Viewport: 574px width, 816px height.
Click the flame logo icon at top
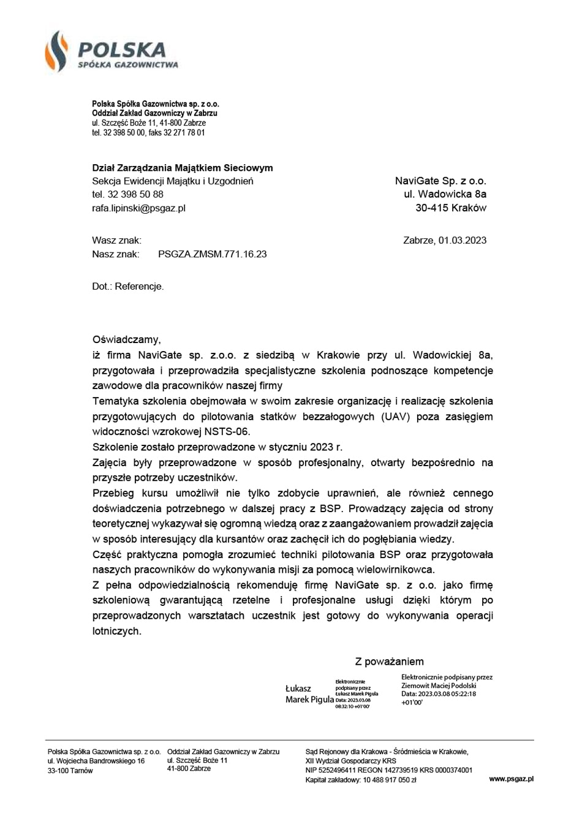point(56,51)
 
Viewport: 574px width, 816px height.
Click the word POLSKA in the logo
point(122,50)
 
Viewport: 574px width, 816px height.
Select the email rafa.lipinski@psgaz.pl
point(138,208)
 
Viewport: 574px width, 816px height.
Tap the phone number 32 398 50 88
point(135,194)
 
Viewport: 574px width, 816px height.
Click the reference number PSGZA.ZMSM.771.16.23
point(212,254)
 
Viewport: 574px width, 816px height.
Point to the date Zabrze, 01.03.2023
point(445,240)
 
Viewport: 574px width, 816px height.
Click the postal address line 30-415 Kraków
point(450,208)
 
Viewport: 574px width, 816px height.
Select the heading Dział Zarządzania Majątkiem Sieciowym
point(182,168)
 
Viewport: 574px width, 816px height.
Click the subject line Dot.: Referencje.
point(127,286)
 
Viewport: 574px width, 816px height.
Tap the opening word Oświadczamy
point(126,339)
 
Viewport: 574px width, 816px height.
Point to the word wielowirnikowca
point(399,570)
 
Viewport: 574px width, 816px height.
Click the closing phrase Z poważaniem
point(389,662)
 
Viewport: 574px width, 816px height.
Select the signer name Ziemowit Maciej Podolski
point(439,686)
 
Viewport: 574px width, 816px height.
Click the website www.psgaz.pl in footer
point(511,779)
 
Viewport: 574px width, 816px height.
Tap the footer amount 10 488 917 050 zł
point(390,780)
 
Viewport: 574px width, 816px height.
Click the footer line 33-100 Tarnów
point(70,771)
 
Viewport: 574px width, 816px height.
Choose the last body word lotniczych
point(116,631)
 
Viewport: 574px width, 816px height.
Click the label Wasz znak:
point(116,240)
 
